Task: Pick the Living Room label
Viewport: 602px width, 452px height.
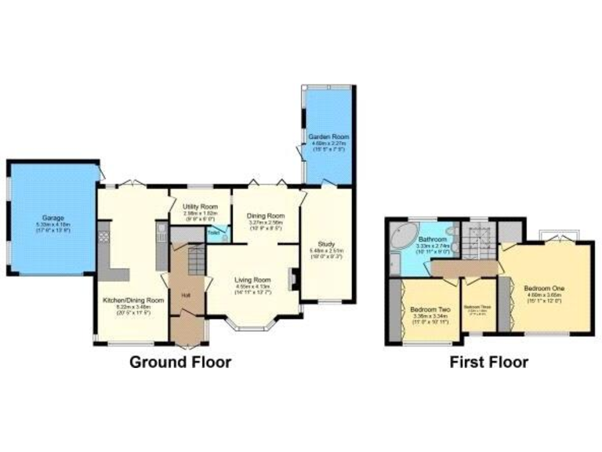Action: (252, 279)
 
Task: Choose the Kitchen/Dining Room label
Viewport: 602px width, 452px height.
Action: (134, 300)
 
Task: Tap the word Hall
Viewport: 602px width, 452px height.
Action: (186, 295)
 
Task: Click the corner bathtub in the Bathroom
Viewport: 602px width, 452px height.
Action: (403, 237)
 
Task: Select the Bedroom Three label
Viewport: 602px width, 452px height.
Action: (477, 307)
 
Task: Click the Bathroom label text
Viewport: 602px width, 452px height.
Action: (432, 239)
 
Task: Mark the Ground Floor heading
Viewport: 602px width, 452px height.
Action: (180, 362)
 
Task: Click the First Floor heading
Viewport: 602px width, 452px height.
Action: (488, 362)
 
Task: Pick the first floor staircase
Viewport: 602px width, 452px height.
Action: (475, 239)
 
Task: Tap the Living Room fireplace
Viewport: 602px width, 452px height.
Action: (292, 278)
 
